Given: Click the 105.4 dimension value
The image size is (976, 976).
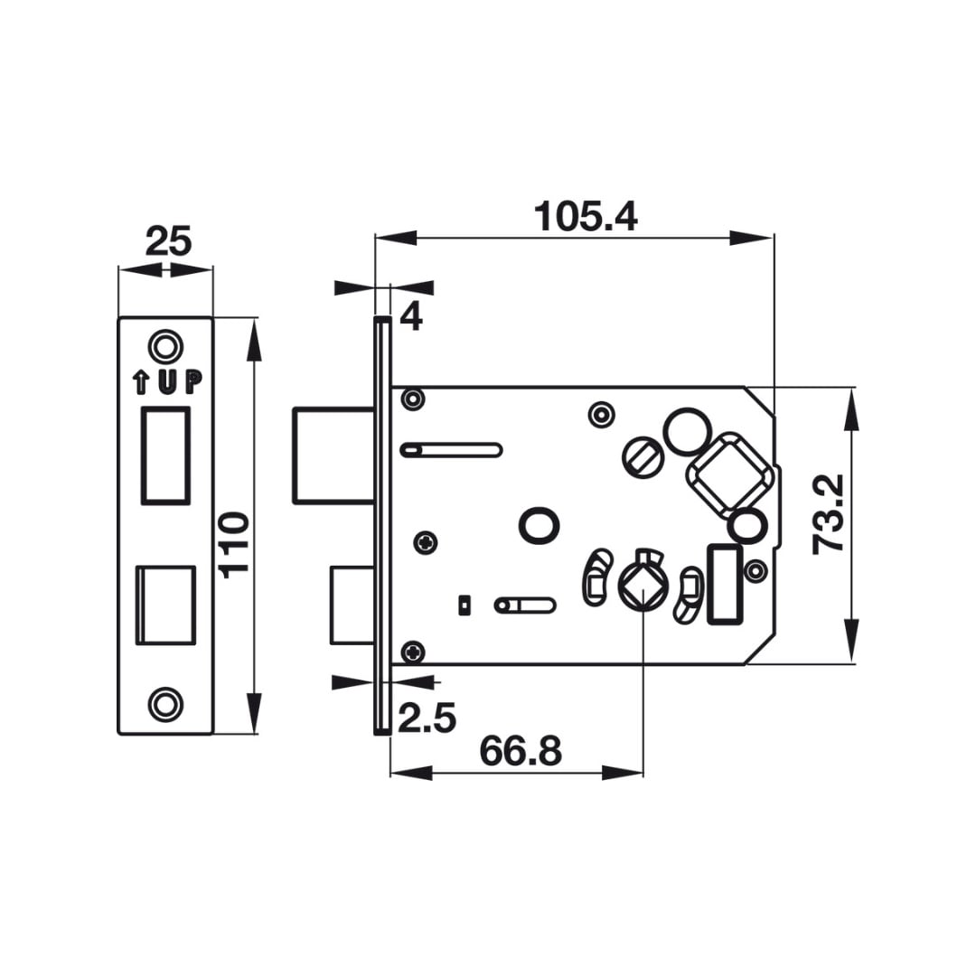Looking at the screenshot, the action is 586,216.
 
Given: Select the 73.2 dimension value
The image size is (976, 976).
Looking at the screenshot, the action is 829,514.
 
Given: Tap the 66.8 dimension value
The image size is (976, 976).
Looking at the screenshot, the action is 521,751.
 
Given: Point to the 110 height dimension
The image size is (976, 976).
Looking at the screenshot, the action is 235,545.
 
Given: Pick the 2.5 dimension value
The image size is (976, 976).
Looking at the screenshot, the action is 427,718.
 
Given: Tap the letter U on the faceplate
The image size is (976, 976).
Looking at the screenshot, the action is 167,381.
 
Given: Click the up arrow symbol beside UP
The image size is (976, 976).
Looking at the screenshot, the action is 141,382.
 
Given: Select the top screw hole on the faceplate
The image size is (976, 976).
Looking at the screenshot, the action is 165,345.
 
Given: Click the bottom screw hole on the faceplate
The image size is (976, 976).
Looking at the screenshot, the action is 165,705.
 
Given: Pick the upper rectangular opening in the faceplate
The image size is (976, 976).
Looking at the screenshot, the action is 165,455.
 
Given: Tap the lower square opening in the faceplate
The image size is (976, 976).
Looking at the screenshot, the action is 165,605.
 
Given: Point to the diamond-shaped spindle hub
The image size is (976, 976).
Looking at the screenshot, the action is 643,587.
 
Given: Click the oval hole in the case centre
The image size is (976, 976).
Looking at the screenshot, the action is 539,526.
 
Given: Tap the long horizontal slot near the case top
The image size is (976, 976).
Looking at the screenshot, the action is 451,449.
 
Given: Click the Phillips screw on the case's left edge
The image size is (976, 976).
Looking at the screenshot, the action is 426,543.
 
